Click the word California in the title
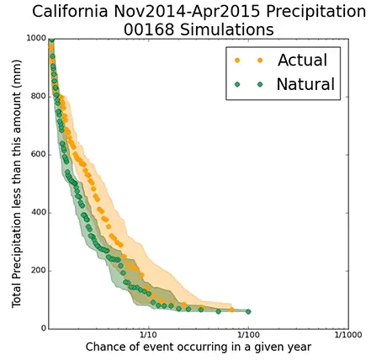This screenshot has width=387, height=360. click(x=70, y=12)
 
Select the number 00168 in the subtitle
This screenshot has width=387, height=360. click(x=149, y=29)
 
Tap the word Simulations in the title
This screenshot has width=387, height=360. click(x=227, y=29)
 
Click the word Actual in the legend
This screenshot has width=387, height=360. click(x=302, y=60)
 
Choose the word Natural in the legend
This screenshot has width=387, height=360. click(x=305, y=84)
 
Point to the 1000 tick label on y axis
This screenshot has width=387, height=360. click(x=36, y=38)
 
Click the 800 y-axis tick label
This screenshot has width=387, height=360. click(x=38, y=97)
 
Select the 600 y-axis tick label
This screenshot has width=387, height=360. click(x=38, y=155)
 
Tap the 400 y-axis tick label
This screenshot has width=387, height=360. click(x=38, y=213)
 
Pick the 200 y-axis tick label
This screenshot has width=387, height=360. click(x=38, y=271)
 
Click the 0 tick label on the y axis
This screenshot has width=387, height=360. click(x=44, y=328)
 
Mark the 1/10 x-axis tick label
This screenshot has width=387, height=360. click(x=149, y=335)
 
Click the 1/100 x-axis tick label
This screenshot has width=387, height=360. click(x=248, y=335)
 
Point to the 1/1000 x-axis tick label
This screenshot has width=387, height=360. click(x=348, y=335)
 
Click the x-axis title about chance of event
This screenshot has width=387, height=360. click(x=199, y=347)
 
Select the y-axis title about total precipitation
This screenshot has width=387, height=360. click(x=16, y=183)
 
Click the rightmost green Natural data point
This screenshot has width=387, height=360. click(x=248, y=311)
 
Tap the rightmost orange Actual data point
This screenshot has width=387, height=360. click(x=231, y=310)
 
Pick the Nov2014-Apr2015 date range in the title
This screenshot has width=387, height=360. click(x=187, y=12)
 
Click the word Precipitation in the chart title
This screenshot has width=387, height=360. click(x=315, y=12)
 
